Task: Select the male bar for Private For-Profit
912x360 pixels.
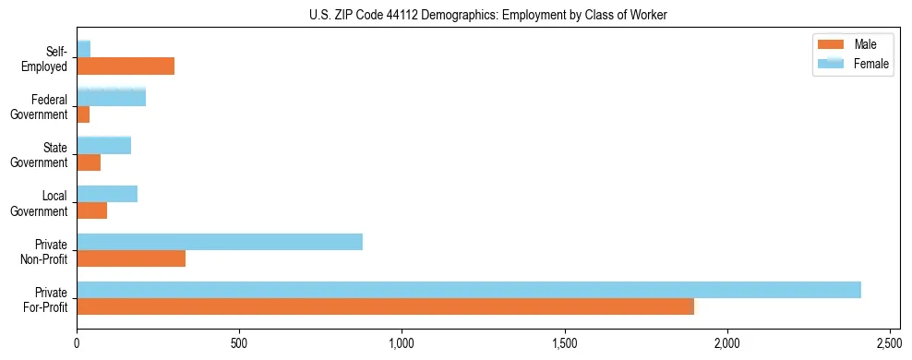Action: [x=385, y=306]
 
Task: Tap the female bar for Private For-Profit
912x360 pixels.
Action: [x=469, y=290]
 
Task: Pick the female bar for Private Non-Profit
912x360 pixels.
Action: [x=220, y=242]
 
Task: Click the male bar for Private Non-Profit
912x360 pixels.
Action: [x=131, y=258]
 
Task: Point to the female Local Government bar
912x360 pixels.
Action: [x=107, y=194]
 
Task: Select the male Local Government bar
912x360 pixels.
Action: [x=92, y=210]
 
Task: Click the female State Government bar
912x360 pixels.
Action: [x=104, y=145]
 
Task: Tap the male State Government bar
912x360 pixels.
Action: [x=89, y=162]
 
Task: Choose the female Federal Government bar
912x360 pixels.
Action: [x=112, y=97]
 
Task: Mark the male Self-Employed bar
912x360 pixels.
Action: [x=126, y=66]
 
